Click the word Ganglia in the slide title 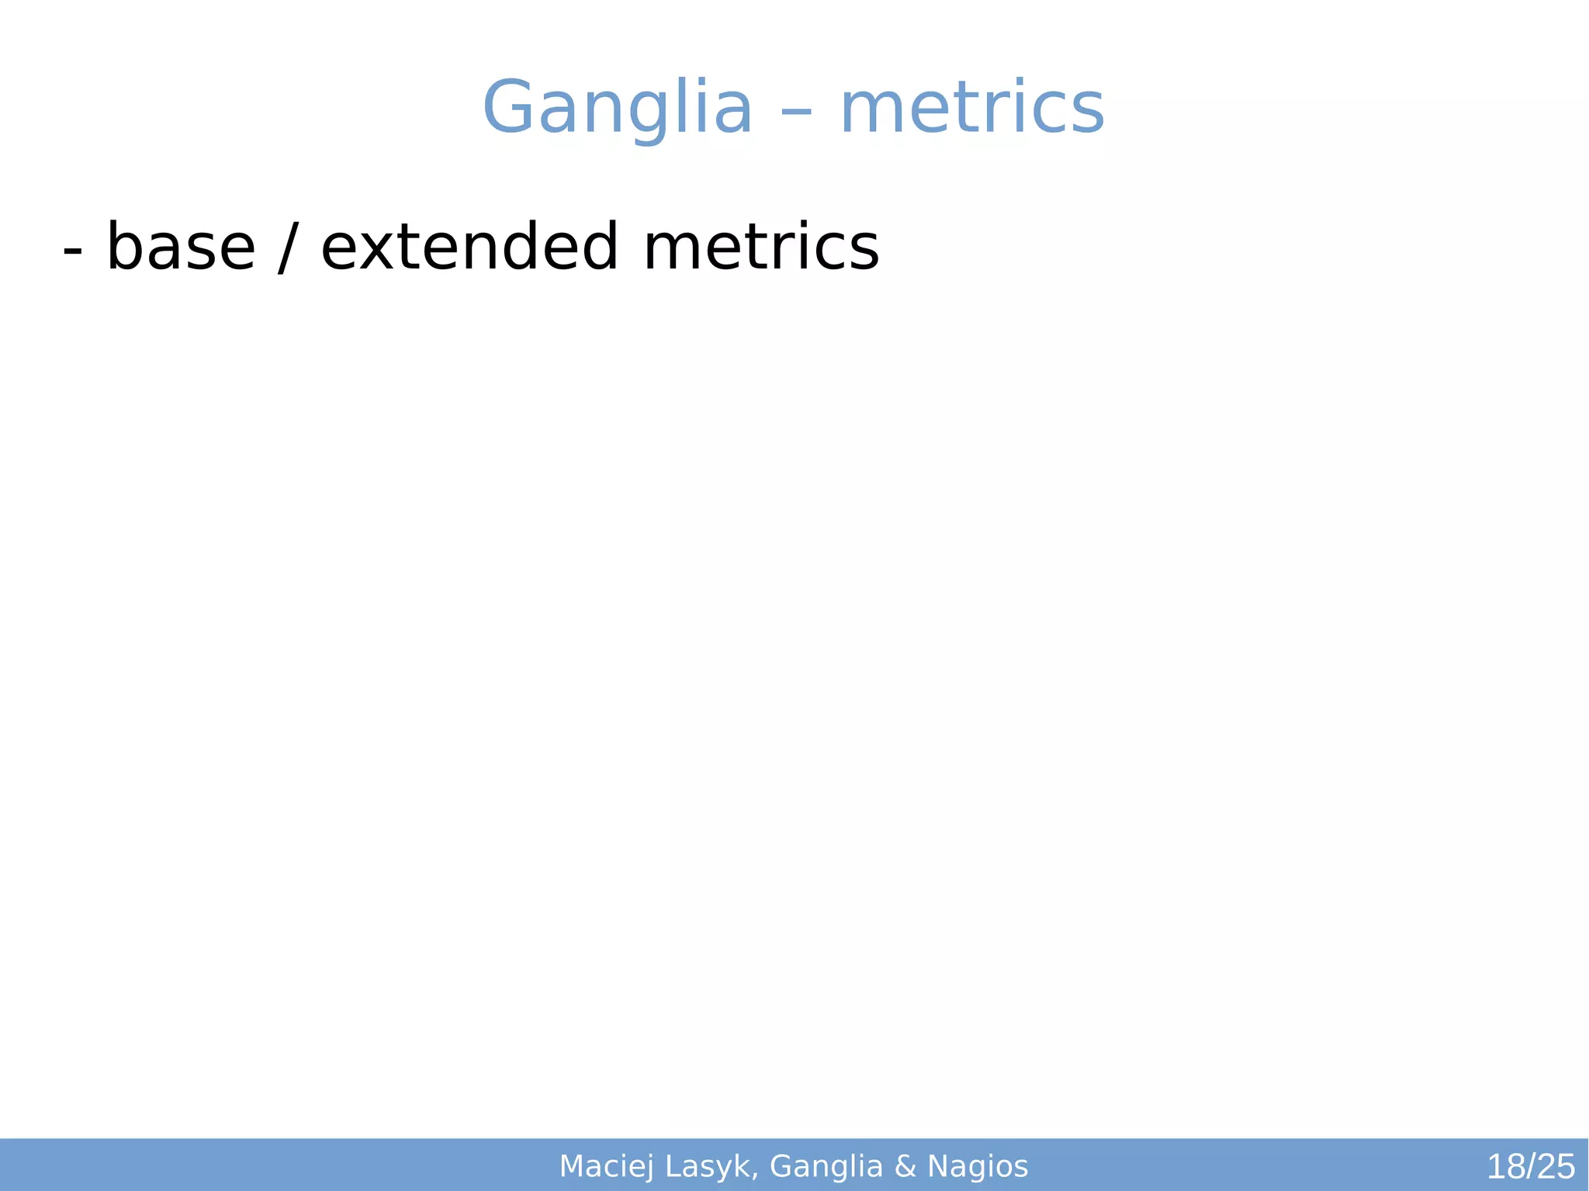coord(617,108)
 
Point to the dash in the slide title coord(796,113)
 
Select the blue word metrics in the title coord(972,108)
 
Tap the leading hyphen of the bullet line coord(72,252)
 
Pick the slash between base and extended coord(288,248)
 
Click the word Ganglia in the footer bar coord(826,1166)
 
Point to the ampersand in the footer coord(905,1166)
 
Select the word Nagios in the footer coord(978,1166)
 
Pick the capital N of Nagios coord(937,1165)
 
